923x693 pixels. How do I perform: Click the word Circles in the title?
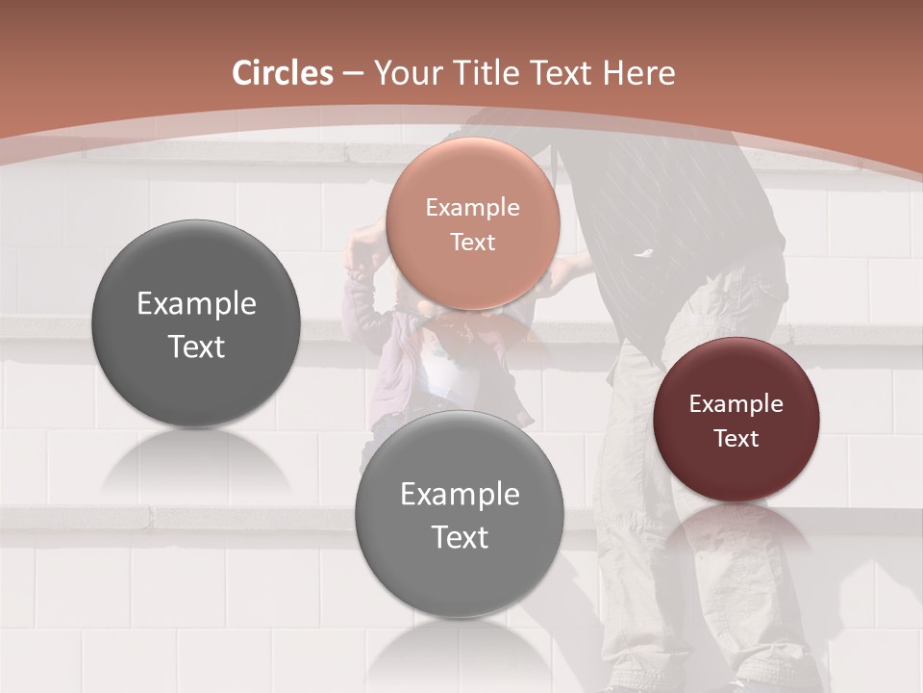(283, 73)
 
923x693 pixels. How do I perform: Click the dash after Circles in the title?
(353, 74)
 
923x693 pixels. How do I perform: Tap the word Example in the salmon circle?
(472, 208)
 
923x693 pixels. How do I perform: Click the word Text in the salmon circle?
(472, 243)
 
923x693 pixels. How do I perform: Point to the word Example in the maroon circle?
(736, 404)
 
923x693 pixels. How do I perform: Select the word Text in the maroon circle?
(736, 439)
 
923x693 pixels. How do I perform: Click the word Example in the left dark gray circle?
(196, 304)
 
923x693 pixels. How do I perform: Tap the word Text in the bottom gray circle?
(459, 537)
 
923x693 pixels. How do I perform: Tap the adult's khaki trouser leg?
(635, 481)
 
